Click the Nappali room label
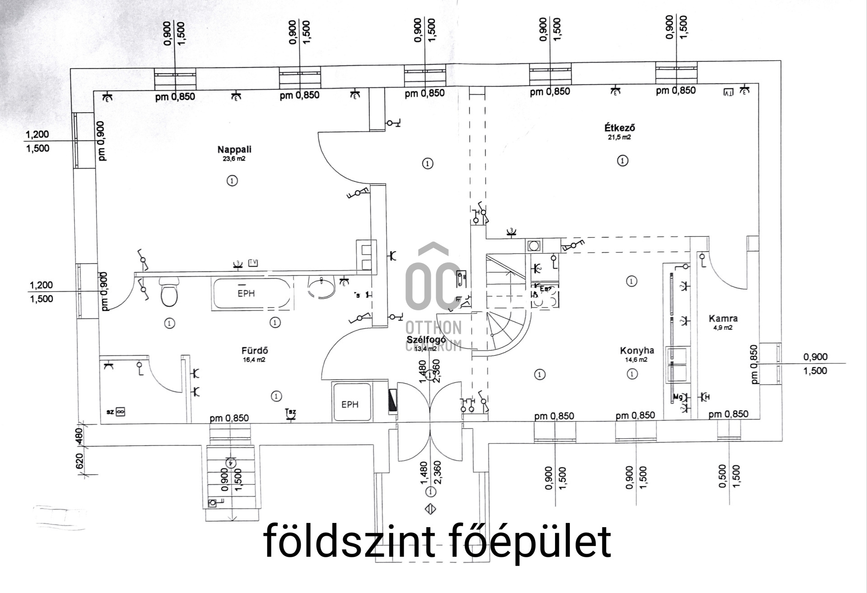tap(234, 149)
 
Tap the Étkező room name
tap(619, 128)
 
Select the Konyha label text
tap(637, 350)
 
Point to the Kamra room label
tap(723, 318)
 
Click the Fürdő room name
tap(255, 350)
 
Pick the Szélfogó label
tap(426, 340)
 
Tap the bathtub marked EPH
tap(251, 294)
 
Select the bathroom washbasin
tap(321, 288)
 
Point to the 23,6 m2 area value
tap(234, 159)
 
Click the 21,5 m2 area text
tap(619, 137)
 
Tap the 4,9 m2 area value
tap(722, 328)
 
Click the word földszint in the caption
tap(349, 541)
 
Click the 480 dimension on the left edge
tap(79, 435)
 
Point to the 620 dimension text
tap(79, 461)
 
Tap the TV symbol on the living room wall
tap(253, 262)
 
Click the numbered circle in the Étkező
tap(623, 160)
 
